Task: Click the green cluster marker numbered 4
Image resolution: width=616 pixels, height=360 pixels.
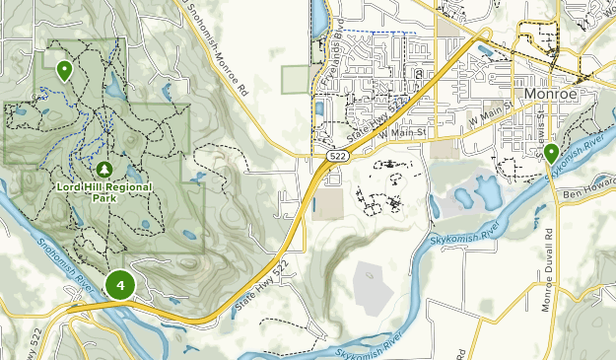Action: (120, 286)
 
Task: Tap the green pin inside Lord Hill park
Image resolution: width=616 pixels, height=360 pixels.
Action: (64, 70)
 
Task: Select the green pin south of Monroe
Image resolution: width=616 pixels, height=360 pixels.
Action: (551, 153)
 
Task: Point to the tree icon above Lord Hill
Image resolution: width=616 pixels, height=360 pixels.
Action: (104, 168)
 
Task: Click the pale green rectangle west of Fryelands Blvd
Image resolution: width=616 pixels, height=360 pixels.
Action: (295, 80)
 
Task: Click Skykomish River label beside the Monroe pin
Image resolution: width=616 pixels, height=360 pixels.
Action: (581, 154)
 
